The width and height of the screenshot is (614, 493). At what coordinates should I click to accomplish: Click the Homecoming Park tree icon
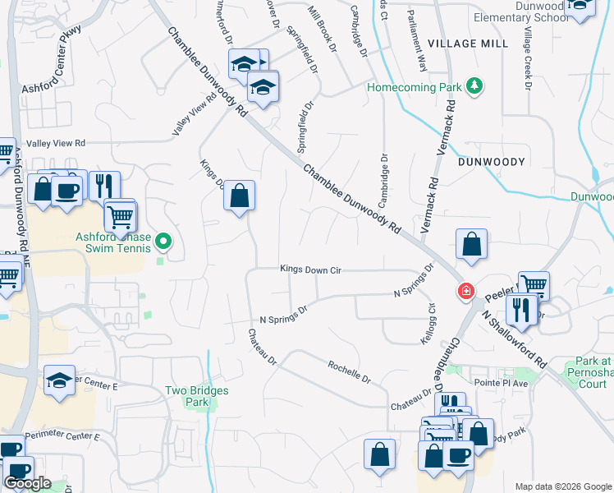(x=474, y=85)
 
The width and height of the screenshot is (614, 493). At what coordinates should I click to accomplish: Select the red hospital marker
(x=465, y=292)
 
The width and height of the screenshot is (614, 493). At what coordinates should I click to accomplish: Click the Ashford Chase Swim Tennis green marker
(x=163, y=242)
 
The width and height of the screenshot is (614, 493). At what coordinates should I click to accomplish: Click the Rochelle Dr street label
(x=350, y=372)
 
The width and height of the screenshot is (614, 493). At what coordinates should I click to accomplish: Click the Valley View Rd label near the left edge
(x=56, y=143)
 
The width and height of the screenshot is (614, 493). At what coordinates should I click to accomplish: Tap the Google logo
(x=27, y=483)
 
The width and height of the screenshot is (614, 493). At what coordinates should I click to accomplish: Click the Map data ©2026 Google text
(x=561, y=486)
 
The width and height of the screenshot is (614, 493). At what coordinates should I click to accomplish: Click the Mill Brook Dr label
(x=322, y=30)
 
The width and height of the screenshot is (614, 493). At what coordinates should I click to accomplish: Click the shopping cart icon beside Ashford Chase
(x=121, y=217)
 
